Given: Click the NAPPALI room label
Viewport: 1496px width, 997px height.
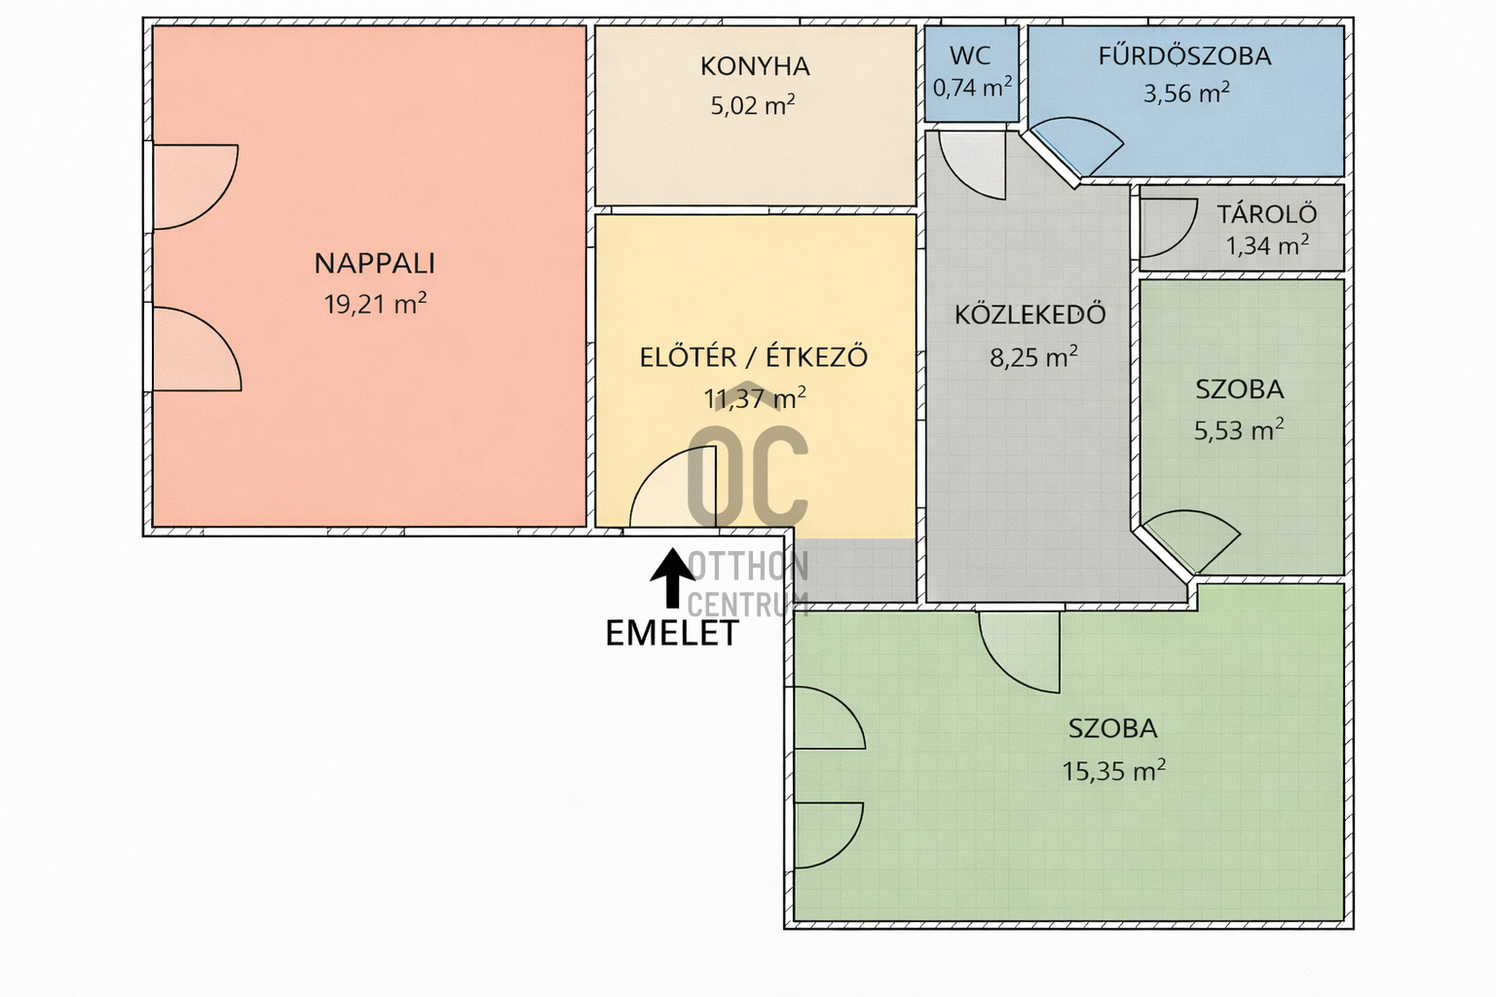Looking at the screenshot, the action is pyautogui.click(x=375, y=264).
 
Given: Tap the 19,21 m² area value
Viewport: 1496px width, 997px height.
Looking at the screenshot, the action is pyautogui.click(x=375, y=304).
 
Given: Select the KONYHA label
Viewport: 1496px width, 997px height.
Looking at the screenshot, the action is pyautogui.click(x=755, y=67).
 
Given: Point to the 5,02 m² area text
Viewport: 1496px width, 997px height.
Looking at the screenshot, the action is pyautogui.click(x=753, y=105).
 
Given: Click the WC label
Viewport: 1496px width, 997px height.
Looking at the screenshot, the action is pyautogui.click(x=970, y=55).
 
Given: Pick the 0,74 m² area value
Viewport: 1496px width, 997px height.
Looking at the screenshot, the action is pyautogui.click(x=972, y=88).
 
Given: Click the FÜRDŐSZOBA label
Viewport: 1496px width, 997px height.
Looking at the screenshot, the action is pyautogui.click(x=1184, y=55).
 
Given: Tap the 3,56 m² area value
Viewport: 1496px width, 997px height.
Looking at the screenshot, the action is pyautogui.click(x=1187, y=93).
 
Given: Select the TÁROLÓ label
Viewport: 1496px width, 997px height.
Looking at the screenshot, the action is pyautogui.click(x=1267, y=213).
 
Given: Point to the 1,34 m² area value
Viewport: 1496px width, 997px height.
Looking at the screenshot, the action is pyautogui.click(x=1267, y=245).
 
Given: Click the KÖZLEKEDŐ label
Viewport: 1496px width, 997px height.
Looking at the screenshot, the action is pyautogui.click(x=1029, y=314).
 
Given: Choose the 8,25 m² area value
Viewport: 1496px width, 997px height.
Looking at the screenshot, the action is pyautogui.click(x=1033, y=357).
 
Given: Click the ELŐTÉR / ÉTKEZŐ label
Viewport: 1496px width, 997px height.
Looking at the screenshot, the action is pyautogui.click(x=754, y=357).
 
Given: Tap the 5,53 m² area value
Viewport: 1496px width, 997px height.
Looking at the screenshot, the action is pyautogui.click(x=1239, y=430).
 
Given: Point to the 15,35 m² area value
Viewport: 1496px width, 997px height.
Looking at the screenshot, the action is pyautogui.click(x=1114, y=770).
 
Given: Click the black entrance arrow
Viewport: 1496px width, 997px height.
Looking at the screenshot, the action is pyautogui.click(x=673, y=578).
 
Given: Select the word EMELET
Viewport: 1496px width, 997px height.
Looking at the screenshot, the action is pyautogui.click(x=672, y=633).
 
